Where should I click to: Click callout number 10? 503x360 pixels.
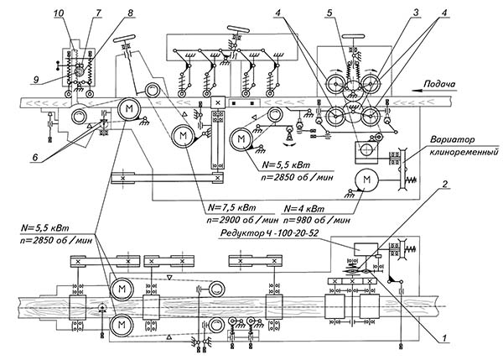click(x=60, y=13)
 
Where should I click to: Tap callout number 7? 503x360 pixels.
click(x=98, y=13)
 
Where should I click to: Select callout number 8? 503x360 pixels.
click(x=130, y=13)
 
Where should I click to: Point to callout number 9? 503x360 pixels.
click(x=35, y=79)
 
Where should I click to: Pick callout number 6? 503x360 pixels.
click(x=35, y=157)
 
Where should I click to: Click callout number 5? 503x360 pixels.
click(x=329, y=13)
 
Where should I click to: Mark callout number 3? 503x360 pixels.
click(x=416, y=13)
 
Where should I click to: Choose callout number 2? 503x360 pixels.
click(x=444, y=184)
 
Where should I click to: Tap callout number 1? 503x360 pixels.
click(x=444, y=338)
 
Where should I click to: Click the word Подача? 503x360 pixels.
click(x=439, y=84)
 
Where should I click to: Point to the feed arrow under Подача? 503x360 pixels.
click(x=434, y=91)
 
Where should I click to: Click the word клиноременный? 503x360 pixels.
click(x=464, y=152)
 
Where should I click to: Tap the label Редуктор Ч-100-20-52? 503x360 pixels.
click(x=269, y=232)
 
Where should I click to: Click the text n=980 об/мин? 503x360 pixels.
click(x=317, y=221)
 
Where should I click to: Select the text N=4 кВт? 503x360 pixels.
click(x=304, y=209)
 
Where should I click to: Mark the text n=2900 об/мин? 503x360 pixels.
click(x=242, y=221)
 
